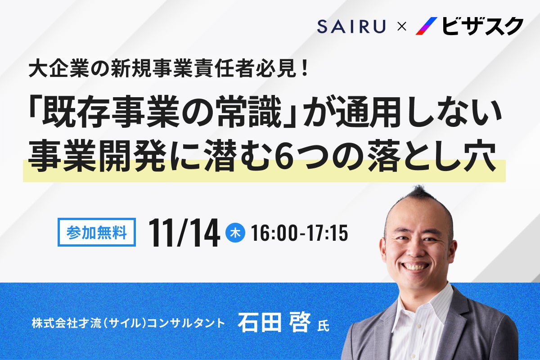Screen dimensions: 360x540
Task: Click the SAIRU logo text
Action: coord(351,27)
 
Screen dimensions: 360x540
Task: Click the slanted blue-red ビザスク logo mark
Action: coord(426,26)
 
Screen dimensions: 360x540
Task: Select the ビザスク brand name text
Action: coord(482,26)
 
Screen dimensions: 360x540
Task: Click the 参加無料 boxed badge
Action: coord(97,232)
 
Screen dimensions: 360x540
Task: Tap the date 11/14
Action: coord(184,233)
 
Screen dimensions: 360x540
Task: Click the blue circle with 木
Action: coord(234,233)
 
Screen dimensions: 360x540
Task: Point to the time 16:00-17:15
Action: coord(299,233)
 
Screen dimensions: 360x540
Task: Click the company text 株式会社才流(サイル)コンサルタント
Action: coord(128,323)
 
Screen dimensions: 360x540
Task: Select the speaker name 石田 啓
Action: coord(274,323)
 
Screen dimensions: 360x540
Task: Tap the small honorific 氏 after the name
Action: coord(323,325)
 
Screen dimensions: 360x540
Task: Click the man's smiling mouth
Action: coord(416,266)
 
